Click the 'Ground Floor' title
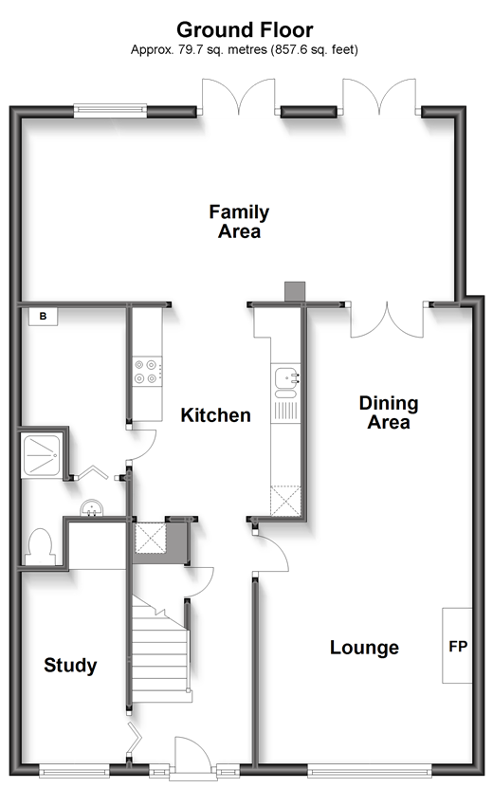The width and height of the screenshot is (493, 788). point(245,30)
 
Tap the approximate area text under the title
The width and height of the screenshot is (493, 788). point(245,49)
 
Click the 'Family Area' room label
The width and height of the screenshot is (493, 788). point(239,222)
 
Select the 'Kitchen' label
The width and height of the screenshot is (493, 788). point(215,415)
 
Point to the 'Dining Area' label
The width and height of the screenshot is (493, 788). point(389,412)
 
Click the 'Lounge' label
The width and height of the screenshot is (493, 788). point(364,648)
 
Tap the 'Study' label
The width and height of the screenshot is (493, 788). point(70,666)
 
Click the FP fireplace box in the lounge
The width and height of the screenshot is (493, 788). point(457,646)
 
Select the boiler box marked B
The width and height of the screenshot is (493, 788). point(43,317)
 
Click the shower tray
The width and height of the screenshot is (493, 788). point(41,455)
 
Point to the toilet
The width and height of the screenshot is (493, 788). point(40,548)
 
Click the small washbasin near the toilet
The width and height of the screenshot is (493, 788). point(91,507)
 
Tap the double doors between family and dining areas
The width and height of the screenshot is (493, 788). point(387,320)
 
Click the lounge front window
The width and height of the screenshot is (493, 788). point(370,769)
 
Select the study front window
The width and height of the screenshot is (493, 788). point(74,769)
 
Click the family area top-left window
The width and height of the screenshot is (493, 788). point(110,111)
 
